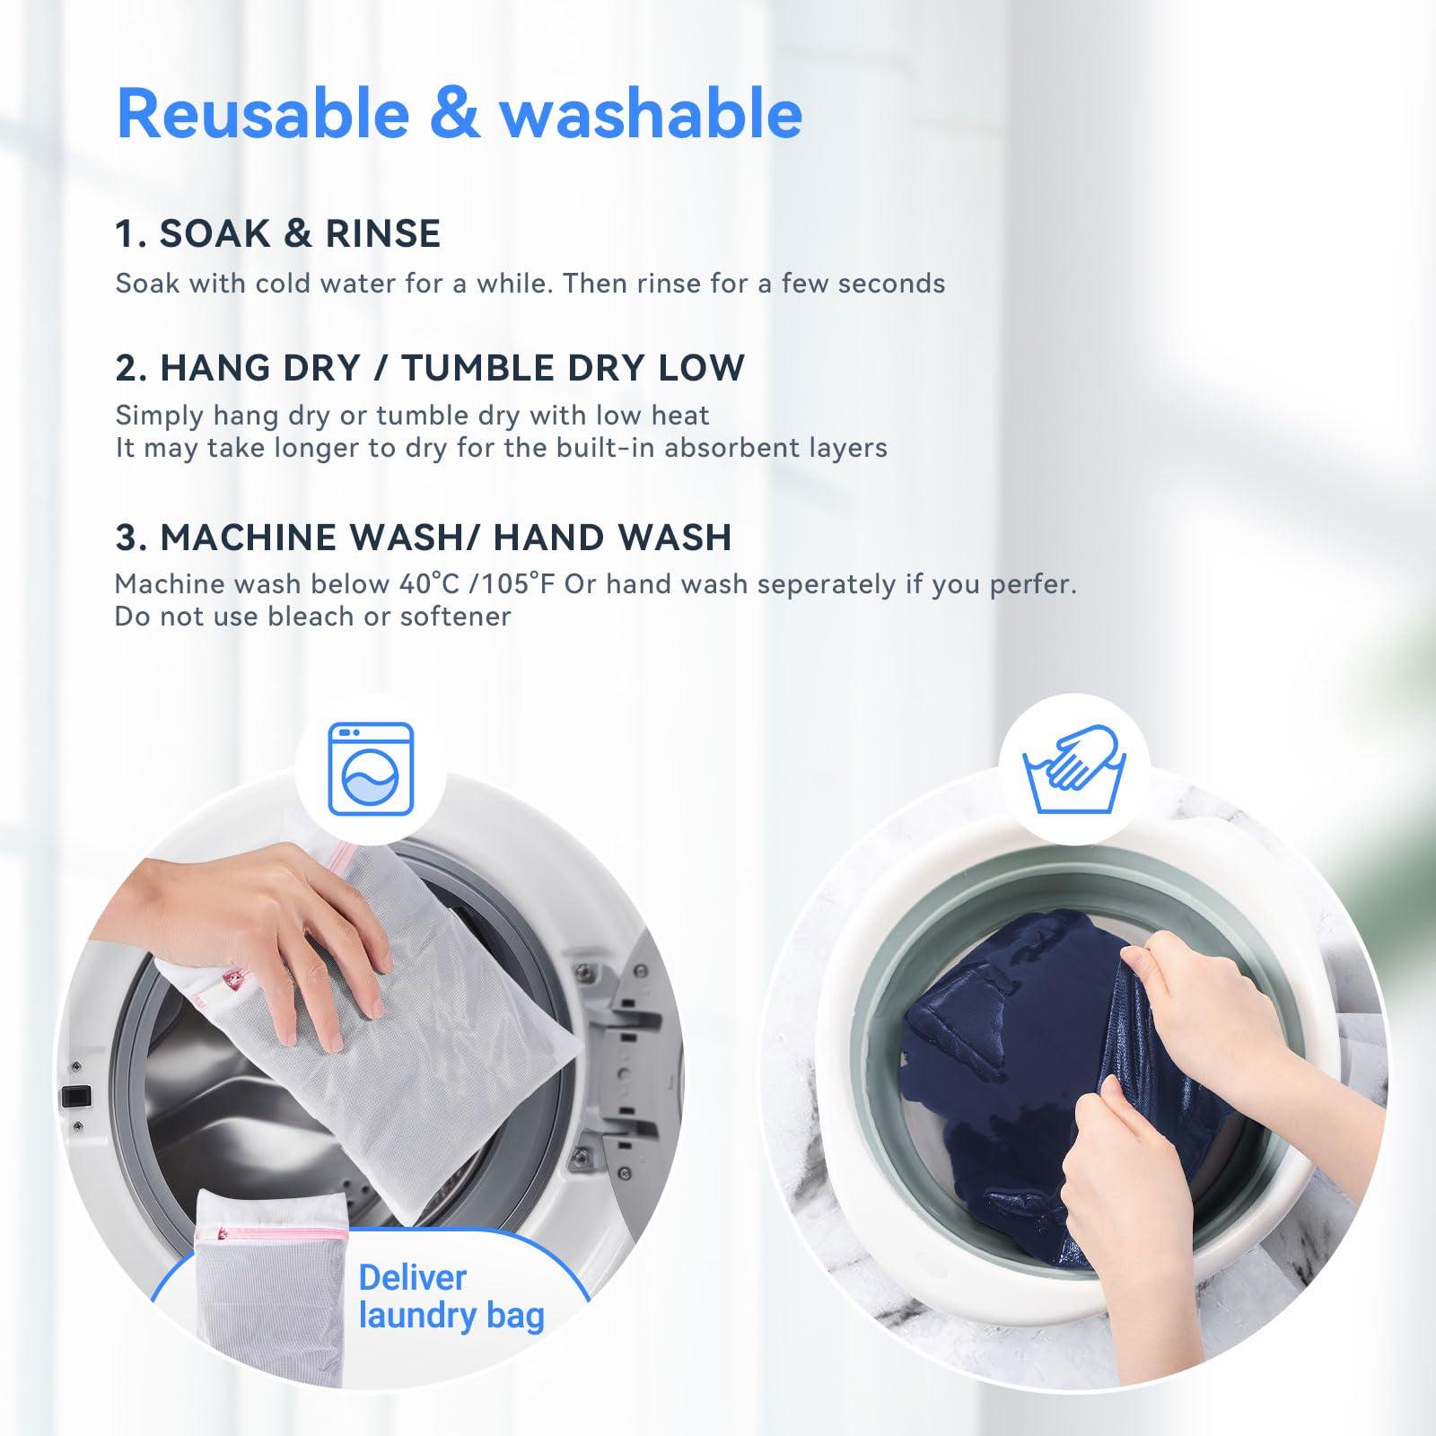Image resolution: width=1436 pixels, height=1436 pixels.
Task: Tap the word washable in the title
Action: coord(651,114)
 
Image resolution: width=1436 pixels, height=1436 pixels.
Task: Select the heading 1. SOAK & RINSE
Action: coord(278,233)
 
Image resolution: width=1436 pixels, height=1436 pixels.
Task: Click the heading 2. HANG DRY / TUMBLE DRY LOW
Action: coord(430,368)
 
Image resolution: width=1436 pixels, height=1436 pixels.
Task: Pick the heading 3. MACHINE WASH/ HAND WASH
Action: coord(423,538)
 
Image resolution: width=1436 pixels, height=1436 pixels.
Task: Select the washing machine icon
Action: coord(371,769)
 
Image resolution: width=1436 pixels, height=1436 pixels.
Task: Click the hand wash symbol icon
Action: coord(1074,769)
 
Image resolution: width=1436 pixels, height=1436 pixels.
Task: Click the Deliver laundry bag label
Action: coord(451,1296)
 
